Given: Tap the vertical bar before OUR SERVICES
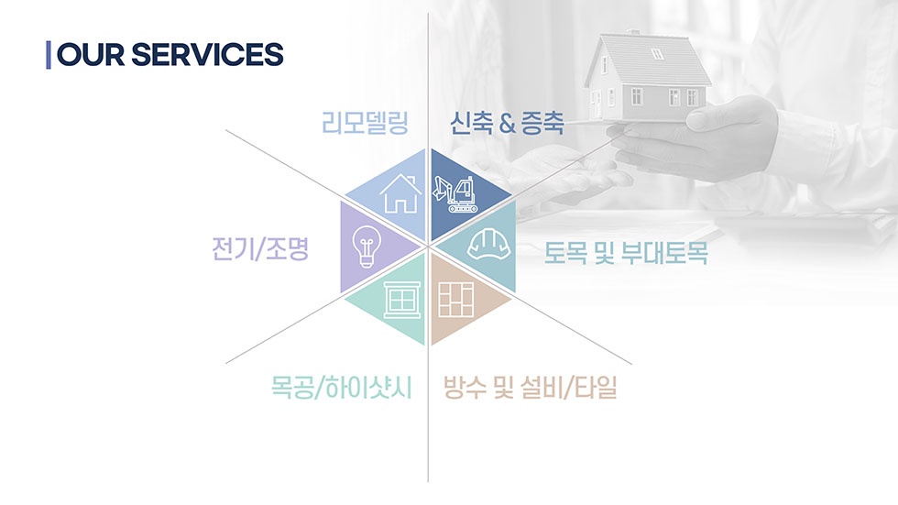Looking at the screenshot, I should coord(48,54).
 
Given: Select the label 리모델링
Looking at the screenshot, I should coord(364,123).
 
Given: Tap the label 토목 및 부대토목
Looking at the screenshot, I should coord(626,252).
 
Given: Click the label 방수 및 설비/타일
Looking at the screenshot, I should coord(531,388).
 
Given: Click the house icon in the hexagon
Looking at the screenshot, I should coord(400,193).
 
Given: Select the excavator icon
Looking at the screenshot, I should coord(457,193).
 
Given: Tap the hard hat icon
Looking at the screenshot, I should coord(487,244).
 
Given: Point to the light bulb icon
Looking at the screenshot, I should coord(366,247).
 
